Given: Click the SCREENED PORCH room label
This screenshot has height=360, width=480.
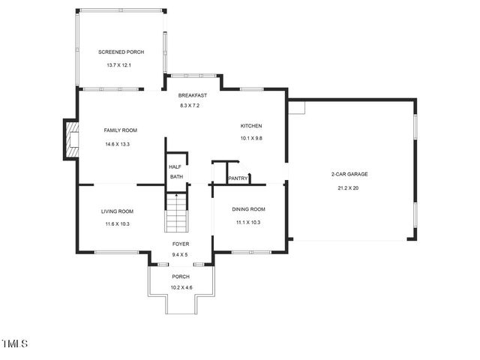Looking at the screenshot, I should tap(121, 52).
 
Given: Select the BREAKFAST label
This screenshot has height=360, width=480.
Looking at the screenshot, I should tap(192, 95).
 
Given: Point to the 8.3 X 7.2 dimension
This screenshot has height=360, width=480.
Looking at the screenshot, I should tap(190, 106).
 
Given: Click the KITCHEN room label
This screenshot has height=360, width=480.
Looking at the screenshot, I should tap(250, 126).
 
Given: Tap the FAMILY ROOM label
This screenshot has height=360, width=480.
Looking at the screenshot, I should tap(120, 130).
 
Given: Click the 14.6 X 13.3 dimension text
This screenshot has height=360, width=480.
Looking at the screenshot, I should tap(117, 144).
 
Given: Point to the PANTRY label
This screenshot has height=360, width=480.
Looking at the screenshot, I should tap(238, 178).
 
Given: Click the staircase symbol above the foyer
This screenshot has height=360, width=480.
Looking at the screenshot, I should tap(175, 213).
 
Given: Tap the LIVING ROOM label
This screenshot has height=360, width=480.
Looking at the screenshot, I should tap(117, 211).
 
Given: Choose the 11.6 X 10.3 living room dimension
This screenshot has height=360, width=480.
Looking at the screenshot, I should tap(117, 223).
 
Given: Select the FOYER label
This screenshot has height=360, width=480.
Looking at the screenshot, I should tap(181, 244).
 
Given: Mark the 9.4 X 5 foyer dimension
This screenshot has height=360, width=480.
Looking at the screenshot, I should tap(180, 255).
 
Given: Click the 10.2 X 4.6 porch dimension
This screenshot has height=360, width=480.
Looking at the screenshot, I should tap(181, 288).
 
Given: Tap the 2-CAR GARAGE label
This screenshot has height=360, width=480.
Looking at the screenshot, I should tap(349, 174).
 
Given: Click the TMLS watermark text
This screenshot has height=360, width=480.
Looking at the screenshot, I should tap(15, 344).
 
